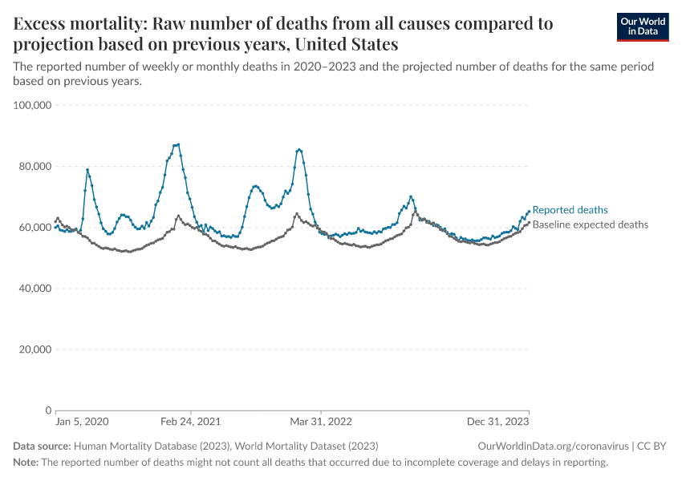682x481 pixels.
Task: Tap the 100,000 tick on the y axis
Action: pyautogui.click(x=33, y=105)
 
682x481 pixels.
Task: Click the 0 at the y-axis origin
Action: pyautogui.click(x=47, y=410)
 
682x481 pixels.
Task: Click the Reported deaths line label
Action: pyautogui.click(x=570, y=210)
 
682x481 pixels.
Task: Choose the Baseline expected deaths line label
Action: pyautogui.click(x=590, y=225)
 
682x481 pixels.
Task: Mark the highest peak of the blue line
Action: pyautogui.click(x=177, y=144)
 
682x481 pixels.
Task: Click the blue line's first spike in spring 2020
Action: pyautogui.click(x=87, y=169)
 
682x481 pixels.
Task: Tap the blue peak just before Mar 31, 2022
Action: pyautogui.click(x=298, y=149)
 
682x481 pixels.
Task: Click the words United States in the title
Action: pyautogui.click(x=350, y=43)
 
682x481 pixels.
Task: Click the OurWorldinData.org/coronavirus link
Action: pyautogui.click(x=552, y=446)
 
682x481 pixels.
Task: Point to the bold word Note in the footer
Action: pyautogui.click(x=25, y=463)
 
